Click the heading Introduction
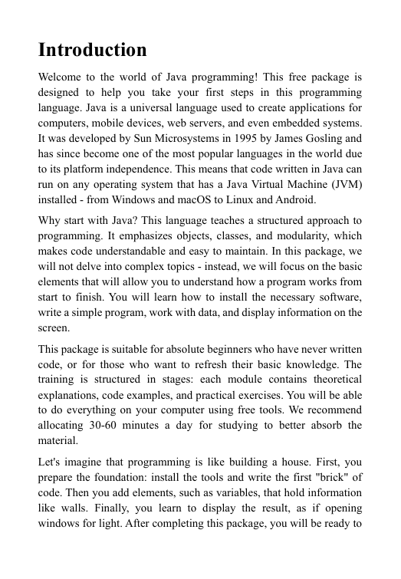(92, 51)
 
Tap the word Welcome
(61, 77)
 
